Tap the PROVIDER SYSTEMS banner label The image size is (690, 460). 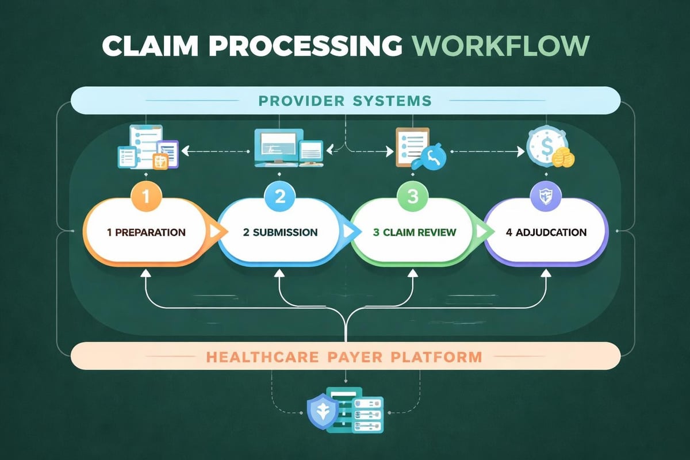click(x=345, y=101)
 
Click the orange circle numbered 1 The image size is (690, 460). click(x=145, y=197)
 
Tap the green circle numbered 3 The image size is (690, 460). click(x=412, y=197)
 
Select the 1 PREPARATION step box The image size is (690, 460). click(x=146, y=233)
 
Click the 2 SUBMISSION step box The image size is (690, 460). click(x=281, y=233)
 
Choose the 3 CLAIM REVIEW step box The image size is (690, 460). click(x=414, y=233)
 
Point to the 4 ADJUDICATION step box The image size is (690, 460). click(x=546, y=233)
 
